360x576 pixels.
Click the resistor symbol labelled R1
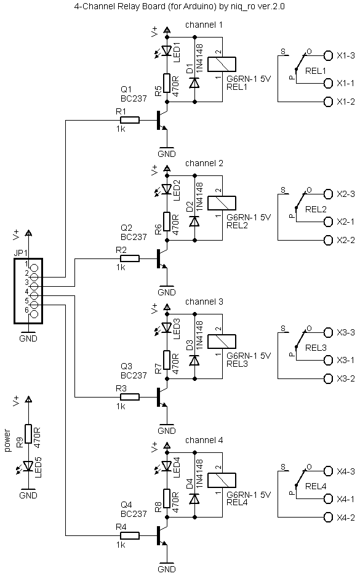click(130, 120)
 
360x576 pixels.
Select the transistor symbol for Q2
click(162, 258)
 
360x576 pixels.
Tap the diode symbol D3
click(194, 361)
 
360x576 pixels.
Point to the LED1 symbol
click(167, 50)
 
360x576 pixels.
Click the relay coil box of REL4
click(222, 480)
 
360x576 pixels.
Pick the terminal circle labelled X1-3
click(327, 55)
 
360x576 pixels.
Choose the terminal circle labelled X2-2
click(327, 240)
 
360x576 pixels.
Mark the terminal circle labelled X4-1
click(327, 499)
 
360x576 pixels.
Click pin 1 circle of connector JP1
click(34, 268)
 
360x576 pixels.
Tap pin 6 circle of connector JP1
click(34, 314)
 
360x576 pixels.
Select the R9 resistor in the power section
click(28, 434)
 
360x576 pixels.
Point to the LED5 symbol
click(28, 466)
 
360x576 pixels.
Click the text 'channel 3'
click(204, 302)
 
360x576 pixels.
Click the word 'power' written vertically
click(7, 440)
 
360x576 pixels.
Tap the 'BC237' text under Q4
click(134, 514)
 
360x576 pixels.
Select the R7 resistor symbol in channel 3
click(167, 361)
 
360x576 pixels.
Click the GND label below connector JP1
click(28, 338)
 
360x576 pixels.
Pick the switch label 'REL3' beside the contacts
click(316, 348)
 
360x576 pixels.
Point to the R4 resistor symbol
click(130, 535)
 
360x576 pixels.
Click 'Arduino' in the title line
click(202, 7)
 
